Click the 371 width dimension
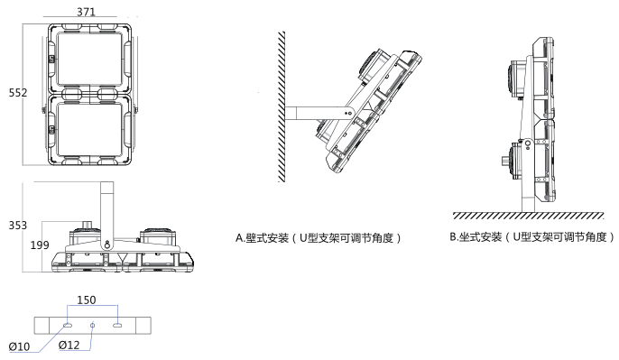pos(86,12)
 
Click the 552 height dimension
pos(18,93)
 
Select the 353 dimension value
pos(18,226)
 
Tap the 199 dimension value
pos(40,245)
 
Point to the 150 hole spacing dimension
pos(86,300)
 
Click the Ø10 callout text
pos(19,347)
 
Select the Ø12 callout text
pos(69,345)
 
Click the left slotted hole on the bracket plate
pos(67,325)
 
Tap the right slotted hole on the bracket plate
pos(117,325)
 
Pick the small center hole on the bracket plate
pos(92,325)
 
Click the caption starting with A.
pos(319,238)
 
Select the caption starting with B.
pos(532,236)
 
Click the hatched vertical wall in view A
pos(282,106)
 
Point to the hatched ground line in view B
pos(529,216)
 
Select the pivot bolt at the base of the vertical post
pos(107,245)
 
